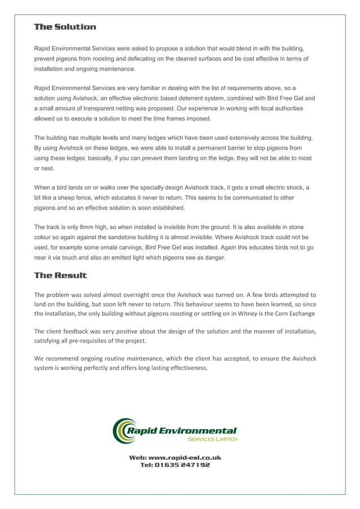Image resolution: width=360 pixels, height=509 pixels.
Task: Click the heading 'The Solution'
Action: click(x=65, y=27)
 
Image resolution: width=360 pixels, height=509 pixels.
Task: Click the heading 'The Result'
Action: click(x=60, y=275)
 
